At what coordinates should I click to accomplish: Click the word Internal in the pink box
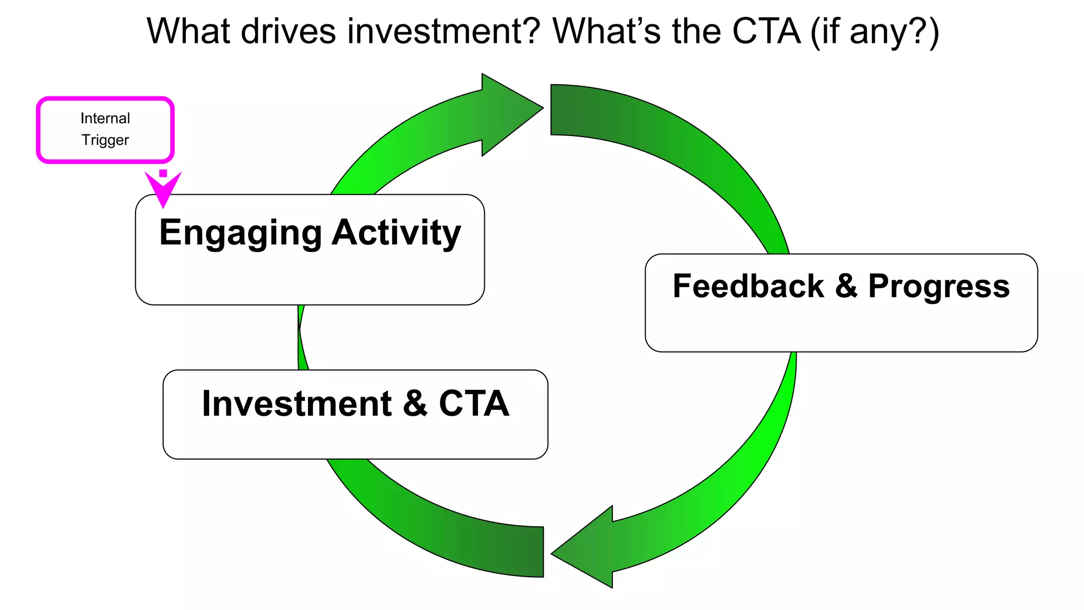tap(105, 118)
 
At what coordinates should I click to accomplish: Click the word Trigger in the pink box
tap(105, 140)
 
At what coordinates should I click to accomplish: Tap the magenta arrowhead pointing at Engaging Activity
tap(163, 190)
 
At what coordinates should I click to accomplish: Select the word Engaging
tap(240, 233)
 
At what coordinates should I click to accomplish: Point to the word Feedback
tap(748, 286)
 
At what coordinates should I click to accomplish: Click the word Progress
tap(938, 286)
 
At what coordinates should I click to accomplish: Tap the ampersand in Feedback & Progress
tap(846, 286)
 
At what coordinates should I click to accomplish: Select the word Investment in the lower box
tap(296, 404)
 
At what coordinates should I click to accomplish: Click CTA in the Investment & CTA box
tap(474, 404)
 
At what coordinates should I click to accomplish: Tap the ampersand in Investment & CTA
tap(415, 404)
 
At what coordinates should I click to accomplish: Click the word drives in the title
tap(288, 31)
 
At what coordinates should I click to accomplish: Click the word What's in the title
tap(607, 31)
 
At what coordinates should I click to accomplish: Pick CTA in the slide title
tap(766, 31)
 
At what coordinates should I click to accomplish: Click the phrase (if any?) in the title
tap(875, 31)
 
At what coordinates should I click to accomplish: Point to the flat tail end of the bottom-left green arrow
tap(540, 552)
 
